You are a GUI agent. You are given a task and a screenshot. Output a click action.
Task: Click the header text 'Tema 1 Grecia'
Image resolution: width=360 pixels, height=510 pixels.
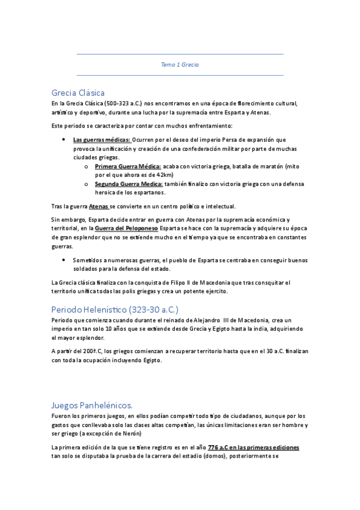point(180,64)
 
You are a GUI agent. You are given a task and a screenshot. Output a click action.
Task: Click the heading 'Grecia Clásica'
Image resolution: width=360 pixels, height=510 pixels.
point(78,93)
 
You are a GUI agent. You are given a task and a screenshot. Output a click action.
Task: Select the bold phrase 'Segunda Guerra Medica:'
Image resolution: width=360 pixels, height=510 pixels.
point(129,183)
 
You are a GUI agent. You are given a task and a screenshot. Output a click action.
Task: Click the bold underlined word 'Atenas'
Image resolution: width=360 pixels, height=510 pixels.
point(99,206)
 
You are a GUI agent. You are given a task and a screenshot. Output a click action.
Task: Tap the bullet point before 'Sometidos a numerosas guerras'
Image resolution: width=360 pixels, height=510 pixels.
point(64,260)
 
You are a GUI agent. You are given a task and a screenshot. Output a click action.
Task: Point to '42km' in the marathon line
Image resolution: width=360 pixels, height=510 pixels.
point(165,175)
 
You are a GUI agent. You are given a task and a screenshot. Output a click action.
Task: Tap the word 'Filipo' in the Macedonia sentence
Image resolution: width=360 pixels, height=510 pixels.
point(183,283)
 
